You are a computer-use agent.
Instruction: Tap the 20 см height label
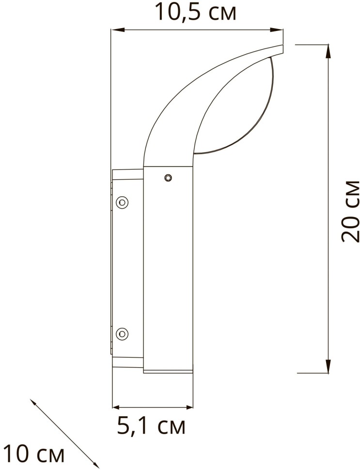350,211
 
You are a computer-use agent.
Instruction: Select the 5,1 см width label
151,427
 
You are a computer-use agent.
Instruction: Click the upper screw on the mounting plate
123,202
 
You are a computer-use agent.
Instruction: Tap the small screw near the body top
168,178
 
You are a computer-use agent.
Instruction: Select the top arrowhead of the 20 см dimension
329,48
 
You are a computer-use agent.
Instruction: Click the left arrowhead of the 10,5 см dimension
115,31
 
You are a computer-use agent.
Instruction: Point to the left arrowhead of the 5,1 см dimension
116,407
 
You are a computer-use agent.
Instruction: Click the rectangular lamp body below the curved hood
168,271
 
